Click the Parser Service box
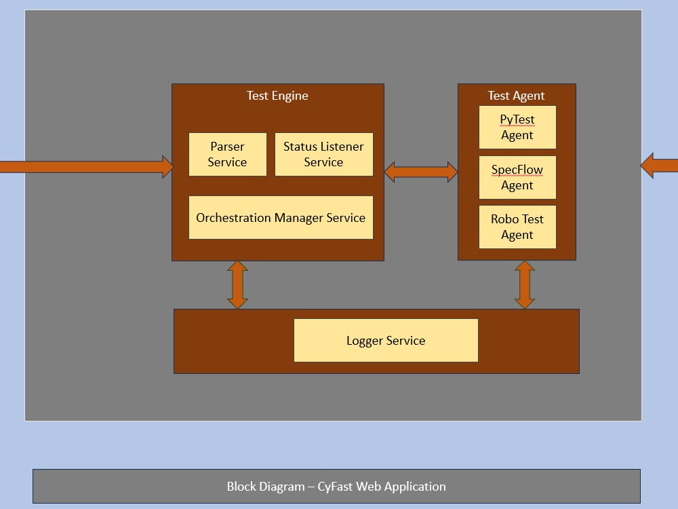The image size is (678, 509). tap(227, 154)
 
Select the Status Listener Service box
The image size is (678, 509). tap(323, 154)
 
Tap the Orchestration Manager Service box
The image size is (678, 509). tap(281, 218)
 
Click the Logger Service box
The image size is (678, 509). tap(386, 340)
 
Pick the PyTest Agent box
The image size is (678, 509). tap(517, 127)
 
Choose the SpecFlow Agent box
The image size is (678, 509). tap(517, 177)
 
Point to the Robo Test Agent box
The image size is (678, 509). tap(517, 227)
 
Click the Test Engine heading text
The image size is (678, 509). tap(277, 96)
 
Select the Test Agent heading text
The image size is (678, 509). tap(516, 96)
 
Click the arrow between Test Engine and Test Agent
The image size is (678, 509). tap(421, 172)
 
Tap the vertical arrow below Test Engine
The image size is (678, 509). tap(237, 284)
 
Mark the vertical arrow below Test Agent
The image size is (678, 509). tap(525, 284)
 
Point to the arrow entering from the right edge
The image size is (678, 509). tap(660, 166)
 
